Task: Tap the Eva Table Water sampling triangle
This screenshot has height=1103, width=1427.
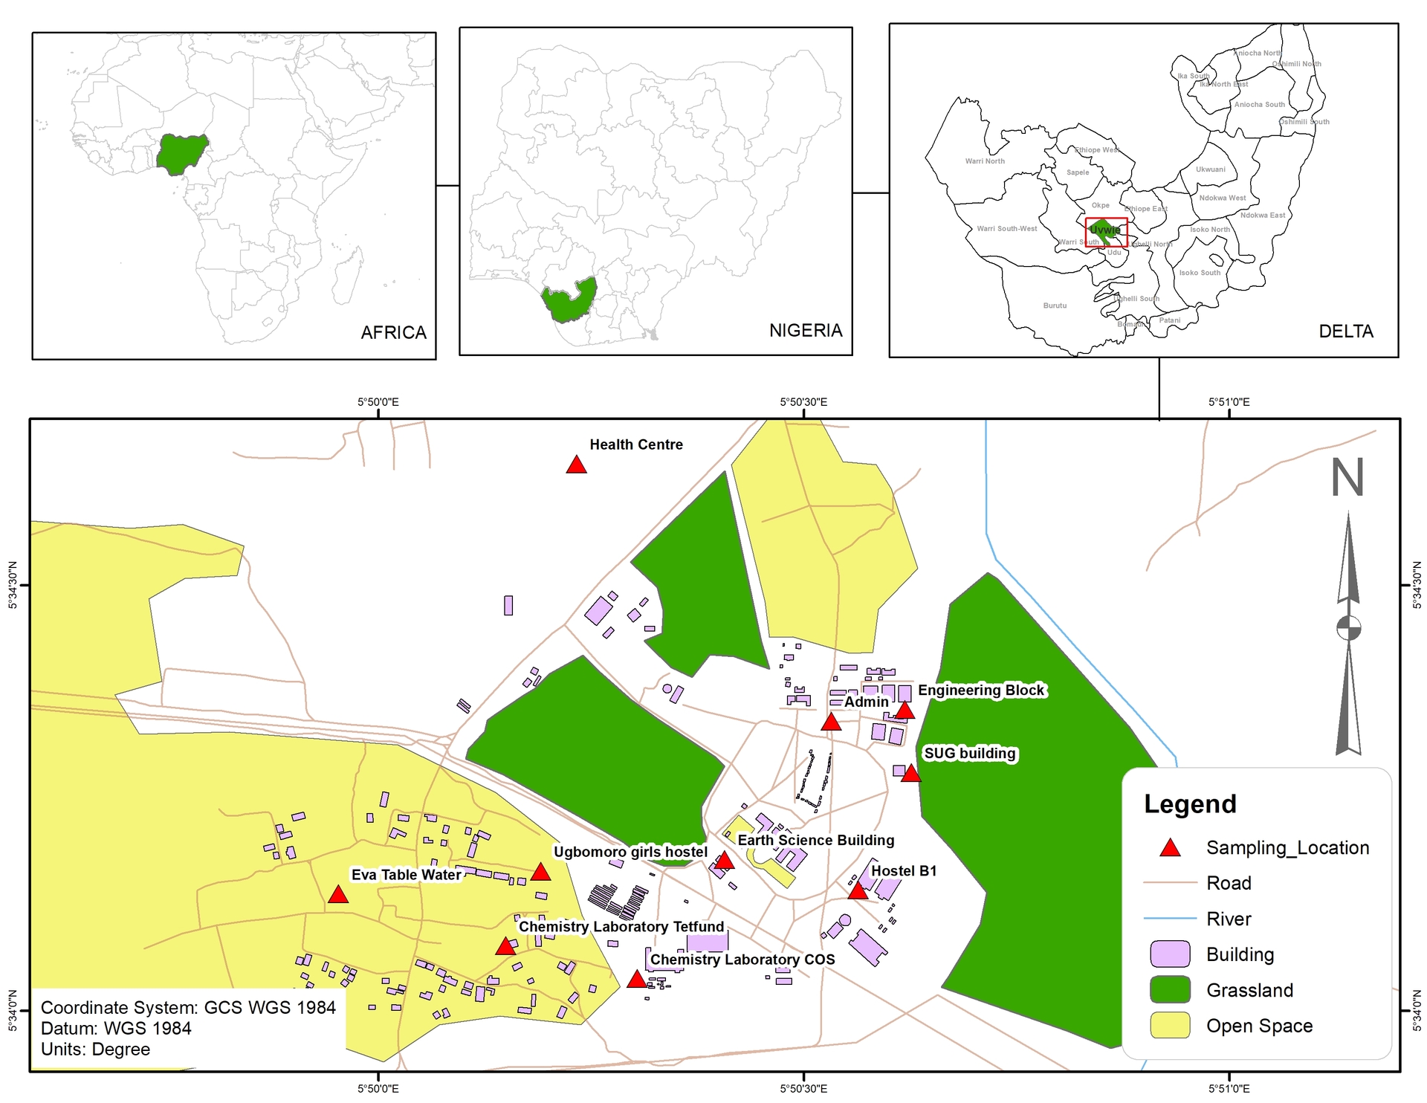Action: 338,895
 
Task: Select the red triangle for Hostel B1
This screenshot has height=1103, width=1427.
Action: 858,891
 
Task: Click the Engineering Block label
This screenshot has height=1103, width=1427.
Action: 981,690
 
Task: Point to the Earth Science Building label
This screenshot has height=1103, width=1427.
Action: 815,841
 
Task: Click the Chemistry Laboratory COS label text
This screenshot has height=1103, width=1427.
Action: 742,960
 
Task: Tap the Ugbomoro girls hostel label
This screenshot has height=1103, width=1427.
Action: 630,852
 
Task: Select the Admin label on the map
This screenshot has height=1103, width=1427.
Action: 866,702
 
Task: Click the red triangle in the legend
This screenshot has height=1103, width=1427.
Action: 1171,848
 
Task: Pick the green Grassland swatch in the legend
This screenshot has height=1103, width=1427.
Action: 1170,990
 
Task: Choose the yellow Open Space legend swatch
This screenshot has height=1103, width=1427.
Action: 1170,1026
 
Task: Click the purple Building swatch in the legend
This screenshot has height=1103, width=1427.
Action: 1170,954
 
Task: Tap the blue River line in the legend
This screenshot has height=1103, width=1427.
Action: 1170,919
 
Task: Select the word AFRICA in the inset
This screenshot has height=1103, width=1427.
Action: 393,332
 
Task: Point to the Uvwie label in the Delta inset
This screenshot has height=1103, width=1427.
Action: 1104,230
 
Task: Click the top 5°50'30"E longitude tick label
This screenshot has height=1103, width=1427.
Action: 803,402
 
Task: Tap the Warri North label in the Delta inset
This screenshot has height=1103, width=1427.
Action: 984,161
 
